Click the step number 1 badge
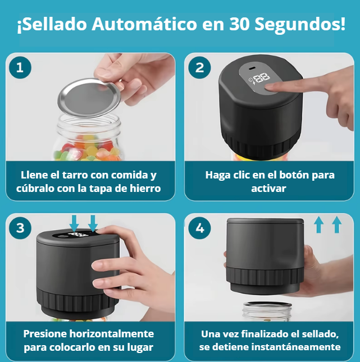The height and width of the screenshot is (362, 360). pyautogui.click(x=20, y=68)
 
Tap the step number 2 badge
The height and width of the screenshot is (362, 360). pyautogui.click(x=199, y=68)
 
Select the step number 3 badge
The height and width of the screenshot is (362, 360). pyautogui.click(x=20, y=228)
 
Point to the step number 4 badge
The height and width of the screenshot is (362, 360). pyautogui.click(x=199, y=228)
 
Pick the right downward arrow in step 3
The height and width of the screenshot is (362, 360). pyautogui.click(x=93, y=222)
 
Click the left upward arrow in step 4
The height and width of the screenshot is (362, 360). pyautogui.click(x=318, y=224)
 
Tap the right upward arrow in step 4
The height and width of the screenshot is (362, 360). pyautogui.click(x=336, y=224)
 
